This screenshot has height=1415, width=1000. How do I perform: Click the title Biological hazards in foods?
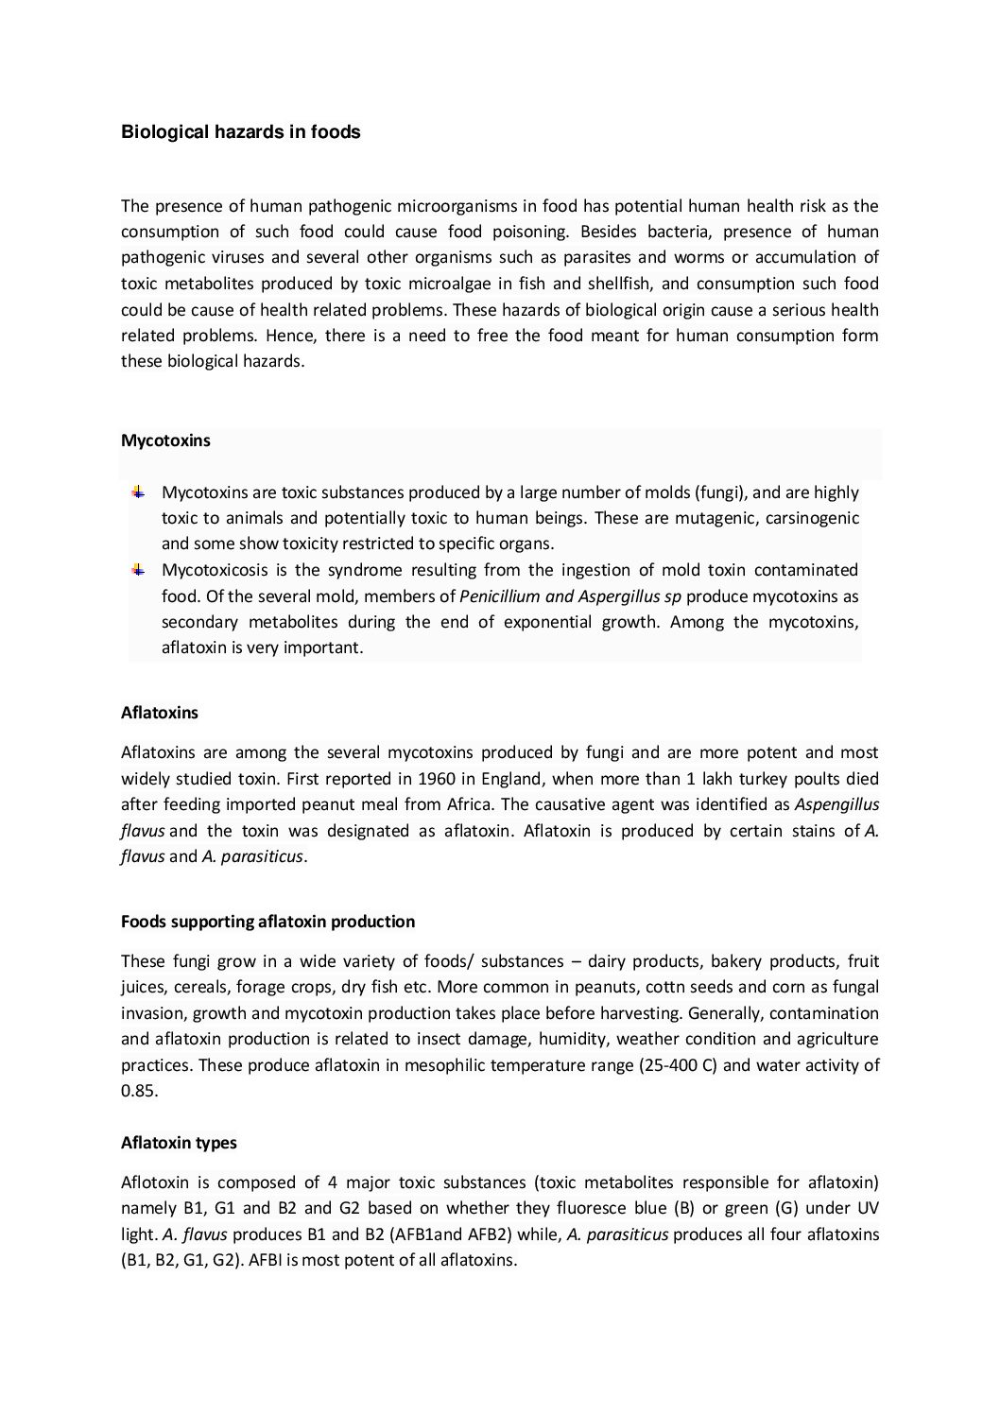(240, 132)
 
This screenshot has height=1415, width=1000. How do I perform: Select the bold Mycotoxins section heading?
(165, 440)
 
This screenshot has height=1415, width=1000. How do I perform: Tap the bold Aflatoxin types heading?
(179, 1143)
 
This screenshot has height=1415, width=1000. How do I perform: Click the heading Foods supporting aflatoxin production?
(267, 922)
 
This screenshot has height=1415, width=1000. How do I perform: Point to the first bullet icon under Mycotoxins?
(138, 492)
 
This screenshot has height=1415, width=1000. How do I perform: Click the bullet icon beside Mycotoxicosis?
(138, 569)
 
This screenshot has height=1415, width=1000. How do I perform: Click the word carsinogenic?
(814, 518)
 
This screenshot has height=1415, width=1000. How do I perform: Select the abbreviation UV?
(867, 1208)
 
